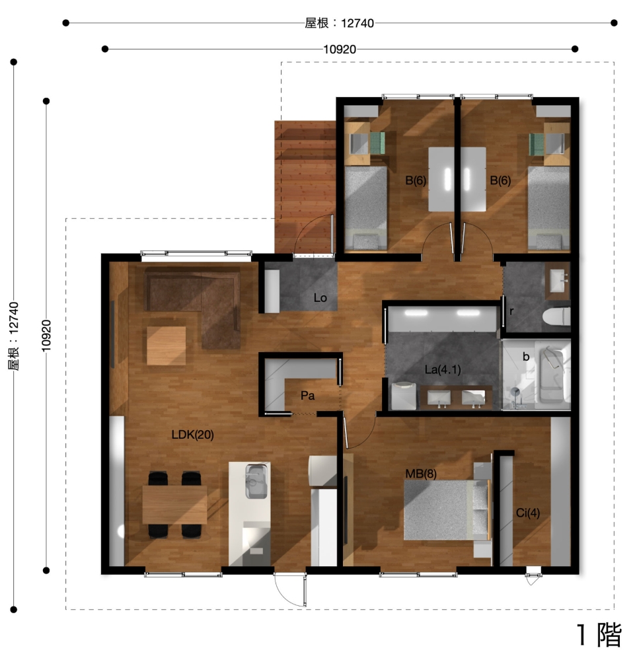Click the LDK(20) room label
point(192,435)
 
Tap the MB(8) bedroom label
point(420,474)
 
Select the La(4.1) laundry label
point(443,369)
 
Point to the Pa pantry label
point(307,395)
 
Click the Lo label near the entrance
point(320,297)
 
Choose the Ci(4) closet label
point(528,513)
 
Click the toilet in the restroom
point(556,316)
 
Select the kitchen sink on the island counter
point(257,481)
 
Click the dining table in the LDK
point(174,505)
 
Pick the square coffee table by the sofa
point(167,346)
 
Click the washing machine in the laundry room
point(404,396)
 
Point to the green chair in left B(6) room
point(377,143)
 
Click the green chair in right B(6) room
point(537,143)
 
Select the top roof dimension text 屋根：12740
point(339,22)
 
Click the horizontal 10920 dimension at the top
point(340,50)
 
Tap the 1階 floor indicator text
point(599,635)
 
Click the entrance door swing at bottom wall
point(290,590)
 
